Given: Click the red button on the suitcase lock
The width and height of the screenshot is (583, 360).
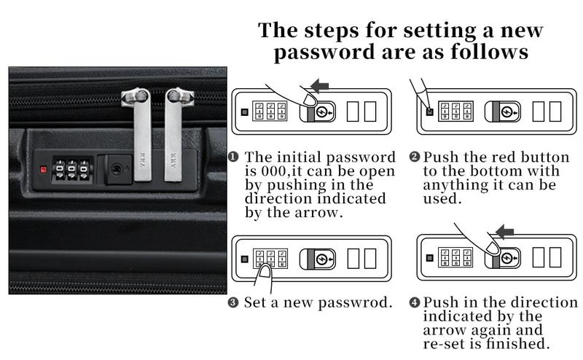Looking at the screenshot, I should [44, 170].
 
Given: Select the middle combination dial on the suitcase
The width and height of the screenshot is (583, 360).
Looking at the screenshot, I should [72, 171].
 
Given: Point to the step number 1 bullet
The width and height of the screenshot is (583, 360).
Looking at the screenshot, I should [235, 157].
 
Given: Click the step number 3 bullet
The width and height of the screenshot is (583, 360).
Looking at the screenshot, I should [235, 302].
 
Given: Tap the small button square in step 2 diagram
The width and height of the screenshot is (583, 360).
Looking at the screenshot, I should [429, 111].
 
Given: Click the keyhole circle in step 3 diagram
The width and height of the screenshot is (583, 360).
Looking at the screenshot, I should [325, 258].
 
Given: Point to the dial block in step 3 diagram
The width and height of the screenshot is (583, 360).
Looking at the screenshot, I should [270, 258].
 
